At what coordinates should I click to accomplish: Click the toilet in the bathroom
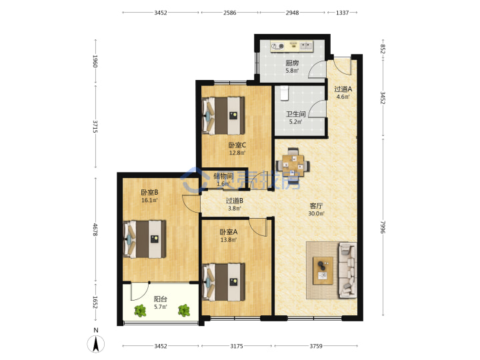coord(285,93)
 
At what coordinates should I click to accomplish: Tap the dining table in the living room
coord(293,165)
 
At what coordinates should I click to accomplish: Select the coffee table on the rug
coord(323,271)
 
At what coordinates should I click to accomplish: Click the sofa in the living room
coord(347,270)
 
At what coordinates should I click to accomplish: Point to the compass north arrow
coord(96,343)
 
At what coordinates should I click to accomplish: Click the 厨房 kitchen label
coord(292,63)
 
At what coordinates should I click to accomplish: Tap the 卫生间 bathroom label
coord(295,114)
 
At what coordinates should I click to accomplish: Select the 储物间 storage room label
coord(223,176)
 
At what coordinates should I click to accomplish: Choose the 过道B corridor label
coord(235,201)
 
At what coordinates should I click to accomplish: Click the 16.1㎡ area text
coord(149,201)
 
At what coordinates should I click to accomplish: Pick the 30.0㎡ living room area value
coord(316,213)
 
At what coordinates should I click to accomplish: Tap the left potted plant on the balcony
coord(140,311)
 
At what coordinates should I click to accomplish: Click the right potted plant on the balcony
coord(184,311)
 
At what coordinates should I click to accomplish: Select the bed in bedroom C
coord(223,116)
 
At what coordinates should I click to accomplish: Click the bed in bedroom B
coord(144,239)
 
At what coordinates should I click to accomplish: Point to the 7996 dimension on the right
coord(382,227)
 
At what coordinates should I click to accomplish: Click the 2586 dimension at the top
coord(229,13)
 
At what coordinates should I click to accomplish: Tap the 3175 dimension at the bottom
coord(236,346)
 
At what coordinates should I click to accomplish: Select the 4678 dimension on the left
coord(95,229)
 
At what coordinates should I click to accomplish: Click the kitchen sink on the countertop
coord(306,46)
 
